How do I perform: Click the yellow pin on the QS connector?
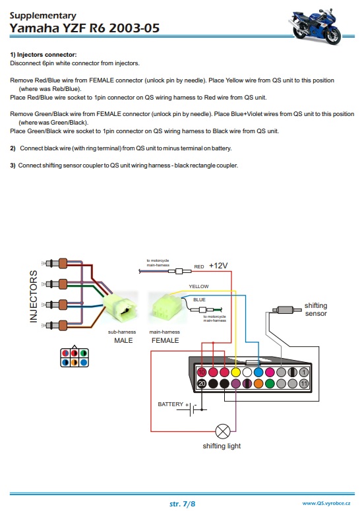point(235,372)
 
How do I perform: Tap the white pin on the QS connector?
point(247,372)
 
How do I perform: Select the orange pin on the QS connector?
point(258,384)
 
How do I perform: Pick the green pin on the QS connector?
point(270,384)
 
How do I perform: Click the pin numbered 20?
point(202,384)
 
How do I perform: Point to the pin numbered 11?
point(304,384)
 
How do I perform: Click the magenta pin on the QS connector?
point(270,372)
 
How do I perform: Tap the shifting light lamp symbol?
point(223,431)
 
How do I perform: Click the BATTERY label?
point(170,404)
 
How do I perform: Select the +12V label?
point(218,266)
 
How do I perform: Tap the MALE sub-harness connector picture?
point(121,307)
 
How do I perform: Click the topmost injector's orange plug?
point(63,263)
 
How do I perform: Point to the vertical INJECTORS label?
point(34,296)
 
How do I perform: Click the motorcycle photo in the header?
point(315,26)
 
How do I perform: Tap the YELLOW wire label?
point(198,286)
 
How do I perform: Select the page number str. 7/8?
point(182,504)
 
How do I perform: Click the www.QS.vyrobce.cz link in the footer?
point(326,503)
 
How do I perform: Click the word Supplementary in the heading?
point(43,15)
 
